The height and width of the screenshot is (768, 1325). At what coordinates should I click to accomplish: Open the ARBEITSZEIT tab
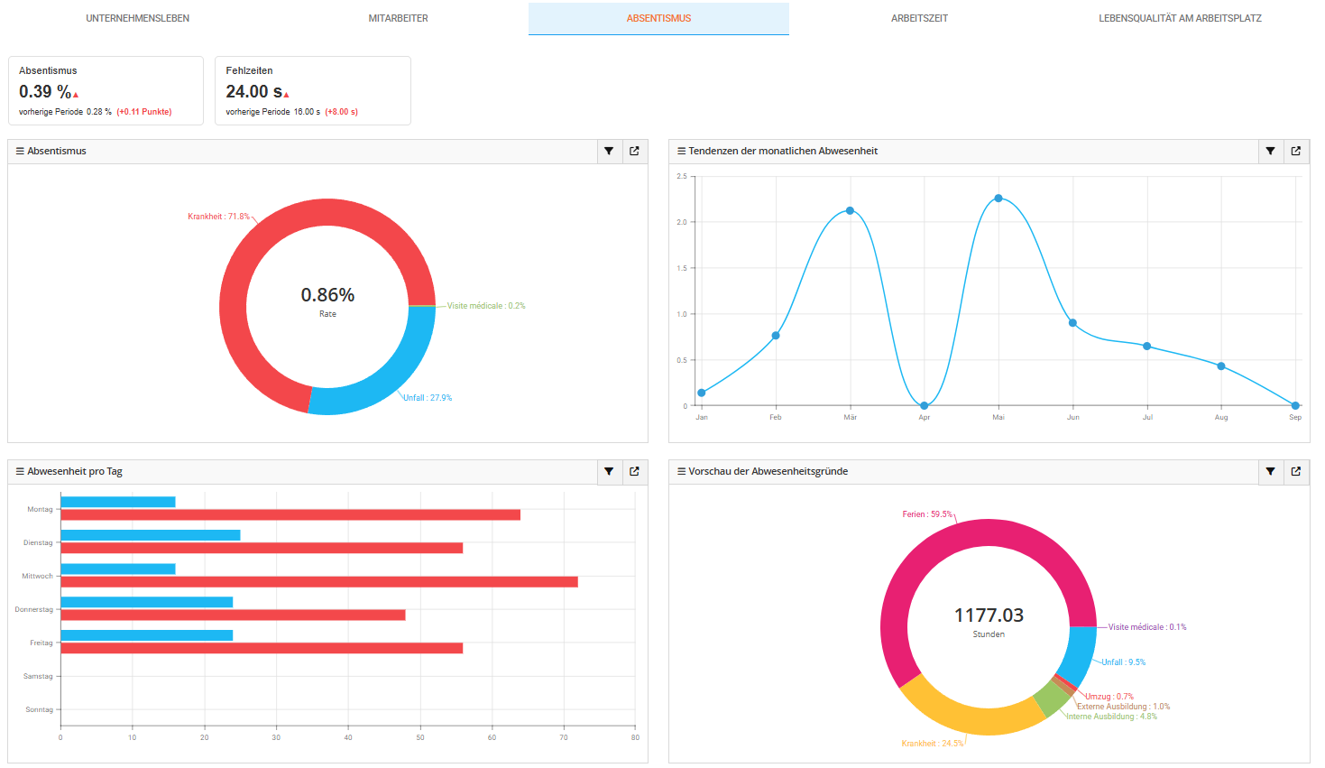click(x=919, y=18)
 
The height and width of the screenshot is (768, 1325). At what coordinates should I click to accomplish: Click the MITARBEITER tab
click(x=398, y=18)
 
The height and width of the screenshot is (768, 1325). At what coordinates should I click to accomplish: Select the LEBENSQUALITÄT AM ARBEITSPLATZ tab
click(x=1180, y=18)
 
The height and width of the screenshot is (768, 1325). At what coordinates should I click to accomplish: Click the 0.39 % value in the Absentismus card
click(x=45, y=92)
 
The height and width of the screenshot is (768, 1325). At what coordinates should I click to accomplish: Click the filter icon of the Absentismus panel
click(x=609, y=152)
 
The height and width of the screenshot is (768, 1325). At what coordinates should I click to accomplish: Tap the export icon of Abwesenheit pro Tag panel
click(x=634, y=472)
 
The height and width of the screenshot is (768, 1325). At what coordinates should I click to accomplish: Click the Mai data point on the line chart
click(x=998, y=199)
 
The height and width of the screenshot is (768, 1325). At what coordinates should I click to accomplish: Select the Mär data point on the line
click(x=850, y=211)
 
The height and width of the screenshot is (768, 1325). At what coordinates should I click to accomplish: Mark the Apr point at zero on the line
click(x=925, y=406)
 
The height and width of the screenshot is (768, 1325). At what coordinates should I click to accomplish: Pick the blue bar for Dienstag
click(x=150, y=535)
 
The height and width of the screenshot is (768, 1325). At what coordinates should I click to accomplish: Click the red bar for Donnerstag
click(x=233, y=615)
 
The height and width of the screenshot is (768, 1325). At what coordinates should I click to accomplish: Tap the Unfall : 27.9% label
click(x=428, y=398)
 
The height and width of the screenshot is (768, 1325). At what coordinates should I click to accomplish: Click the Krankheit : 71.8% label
click(x=218, y=217)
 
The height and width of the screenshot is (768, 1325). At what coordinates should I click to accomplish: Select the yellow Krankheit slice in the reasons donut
click(x=965, y=714)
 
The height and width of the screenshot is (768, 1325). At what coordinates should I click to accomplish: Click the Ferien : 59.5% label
click(x=927, y=514)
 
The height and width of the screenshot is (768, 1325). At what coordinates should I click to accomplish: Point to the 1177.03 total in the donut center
click(x=989, y=615)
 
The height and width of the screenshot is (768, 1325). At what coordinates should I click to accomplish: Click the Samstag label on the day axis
click(x=38, y=677)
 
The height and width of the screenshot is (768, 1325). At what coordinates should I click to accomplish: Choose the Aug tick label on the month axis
click(x=1221, y=418)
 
